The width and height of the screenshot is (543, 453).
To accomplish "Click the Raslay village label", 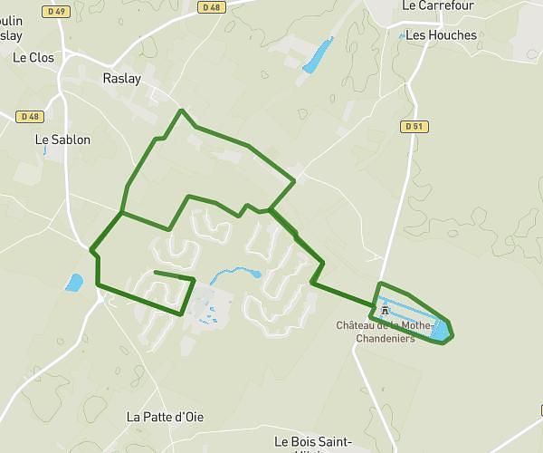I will (x=121, y=79).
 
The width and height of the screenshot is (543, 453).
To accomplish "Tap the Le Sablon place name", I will (x=62, y=140).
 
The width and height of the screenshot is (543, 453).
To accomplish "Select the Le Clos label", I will (x=33, y=57).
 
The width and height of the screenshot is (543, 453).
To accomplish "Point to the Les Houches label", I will (x=441, y=35).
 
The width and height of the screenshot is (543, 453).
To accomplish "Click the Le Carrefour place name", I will (x=439, y=5).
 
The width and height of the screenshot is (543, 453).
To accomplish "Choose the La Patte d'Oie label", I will (x=164, y=417).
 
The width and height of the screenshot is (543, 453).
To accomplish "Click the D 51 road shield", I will (x=414, y=126).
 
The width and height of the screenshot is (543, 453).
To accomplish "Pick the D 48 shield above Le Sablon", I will (x=30, y=116).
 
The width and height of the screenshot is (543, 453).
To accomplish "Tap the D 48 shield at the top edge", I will (x=211, y=7).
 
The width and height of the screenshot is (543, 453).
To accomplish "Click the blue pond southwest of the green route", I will (x=73, y=283).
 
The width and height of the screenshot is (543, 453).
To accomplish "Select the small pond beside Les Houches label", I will (x=401, y=35).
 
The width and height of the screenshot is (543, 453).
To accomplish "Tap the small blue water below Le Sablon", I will (x=43, y=150).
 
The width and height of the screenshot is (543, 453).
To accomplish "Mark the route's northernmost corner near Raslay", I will (x=182, y=111).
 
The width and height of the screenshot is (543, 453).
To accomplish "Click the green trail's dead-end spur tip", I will (x=156, y=272).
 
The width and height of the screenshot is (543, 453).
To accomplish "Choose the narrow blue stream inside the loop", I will (x=233, y=271).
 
